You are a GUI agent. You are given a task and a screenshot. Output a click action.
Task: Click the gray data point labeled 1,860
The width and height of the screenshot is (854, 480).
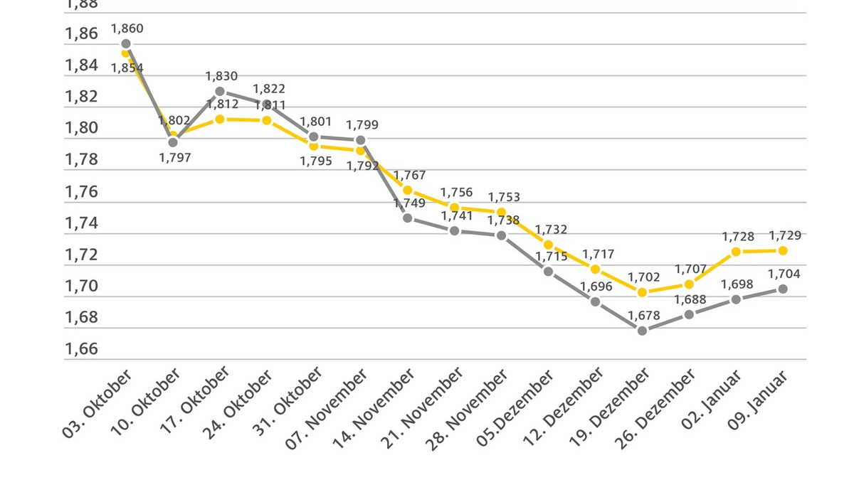tap(126, 43)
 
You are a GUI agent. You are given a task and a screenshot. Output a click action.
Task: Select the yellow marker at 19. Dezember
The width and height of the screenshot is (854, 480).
tap(642, 292)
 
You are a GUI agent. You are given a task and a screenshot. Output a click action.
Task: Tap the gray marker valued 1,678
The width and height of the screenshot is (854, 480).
tap(642, 330)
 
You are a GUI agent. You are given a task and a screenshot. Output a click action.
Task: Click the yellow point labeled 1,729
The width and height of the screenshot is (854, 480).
tap(782, 250)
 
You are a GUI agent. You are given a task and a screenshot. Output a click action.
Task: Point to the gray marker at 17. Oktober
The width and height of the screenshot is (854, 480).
tap(220, 91)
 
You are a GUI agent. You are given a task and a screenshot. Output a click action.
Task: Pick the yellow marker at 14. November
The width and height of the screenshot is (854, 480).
tap(407, 190)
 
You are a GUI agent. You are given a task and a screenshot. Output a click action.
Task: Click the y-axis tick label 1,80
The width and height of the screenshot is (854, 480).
tap(81, 129)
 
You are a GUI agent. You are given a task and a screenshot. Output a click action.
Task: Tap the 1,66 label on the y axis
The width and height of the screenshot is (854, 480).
tap(81, 349)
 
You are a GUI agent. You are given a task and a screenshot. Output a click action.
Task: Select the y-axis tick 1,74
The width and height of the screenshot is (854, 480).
tap(81, 223)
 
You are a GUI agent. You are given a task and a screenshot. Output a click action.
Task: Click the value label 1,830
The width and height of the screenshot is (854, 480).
tap(221, 76)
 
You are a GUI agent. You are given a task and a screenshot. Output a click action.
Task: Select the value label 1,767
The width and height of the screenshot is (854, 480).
tap(409, 175)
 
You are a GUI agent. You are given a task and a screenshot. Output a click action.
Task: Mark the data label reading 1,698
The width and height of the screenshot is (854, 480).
tap(737, 284)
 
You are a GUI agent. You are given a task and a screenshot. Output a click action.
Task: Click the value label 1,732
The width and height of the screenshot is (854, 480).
tap(551, 230)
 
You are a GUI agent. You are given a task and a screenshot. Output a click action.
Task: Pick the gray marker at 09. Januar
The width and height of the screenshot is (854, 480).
tap(782, 289)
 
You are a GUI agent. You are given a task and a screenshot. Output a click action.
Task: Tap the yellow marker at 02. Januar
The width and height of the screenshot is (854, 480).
tap(736, 252)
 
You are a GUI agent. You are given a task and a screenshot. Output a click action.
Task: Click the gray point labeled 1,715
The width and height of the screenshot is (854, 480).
tap(548, 271)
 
